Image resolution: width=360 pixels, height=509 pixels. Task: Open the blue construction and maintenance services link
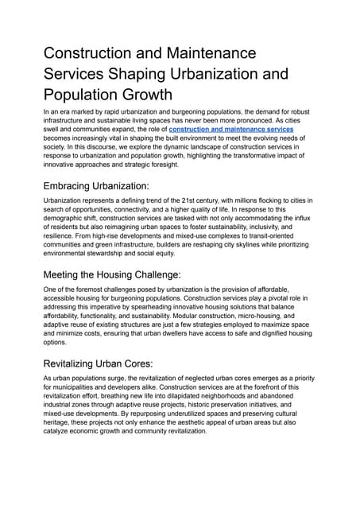tap(231, 129)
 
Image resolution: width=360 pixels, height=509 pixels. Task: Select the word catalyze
tap(60, 441)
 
